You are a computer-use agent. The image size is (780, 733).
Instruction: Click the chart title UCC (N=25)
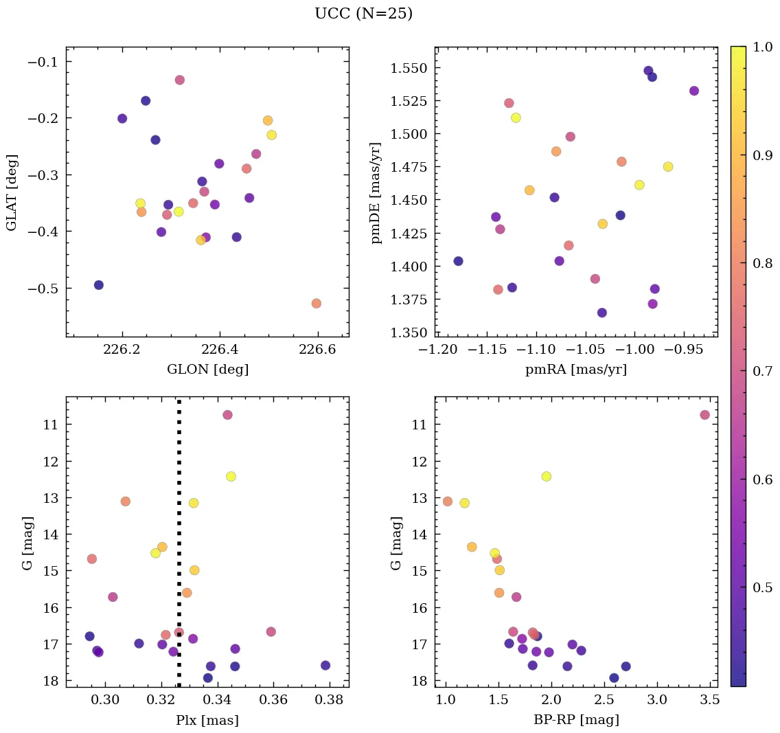tap(363, 14)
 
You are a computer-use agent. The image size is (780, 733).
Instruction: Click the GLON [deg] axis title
tap(207, 370)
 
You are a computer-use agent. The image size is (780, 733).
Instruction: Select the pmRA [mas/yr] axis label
tap(576, 370)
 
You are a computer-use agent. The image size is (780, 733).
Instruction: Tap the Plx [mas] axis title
tap(207, 720)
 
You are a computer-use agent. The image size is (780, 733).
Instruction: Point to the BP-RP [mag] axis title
tap(576, 720)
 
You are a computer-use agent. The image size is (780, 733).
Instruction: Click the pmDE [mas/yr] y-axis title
tap(376, 192)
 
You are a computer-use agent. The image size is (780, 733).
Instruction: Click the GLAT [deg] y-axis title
tap(12, 192)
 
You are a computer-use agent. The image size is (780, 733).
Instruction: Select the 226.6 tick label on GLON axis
tap(318, 350)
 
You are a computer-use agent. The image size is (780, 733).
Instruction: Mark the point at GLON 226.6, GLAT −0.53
tap(316, 304)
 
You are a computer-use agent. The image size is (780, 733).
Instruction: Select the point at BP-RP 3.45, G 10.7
tap(704, 415)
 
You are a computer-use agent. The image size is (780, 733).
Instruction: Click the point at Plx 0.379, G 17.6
tap(325, 665)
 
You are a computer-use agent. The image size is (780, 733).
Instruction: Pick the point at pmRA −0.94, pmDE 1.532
tap(694, 91)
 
